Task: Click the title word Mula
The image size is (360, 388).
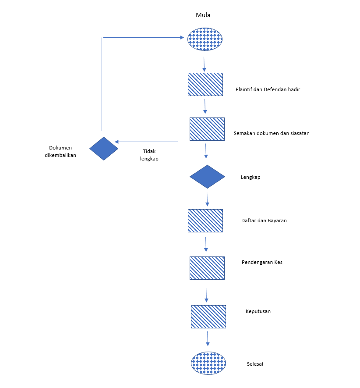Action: click(x=203, y=15)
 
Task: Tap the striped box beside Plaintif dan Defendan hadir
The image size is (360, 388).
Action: click(x=205, y=84)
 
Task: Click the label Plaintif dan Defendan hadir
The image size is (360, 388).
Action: click(x=268, y=89)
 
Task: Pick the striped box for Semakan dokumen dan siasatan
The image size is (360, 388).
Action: click(x=207, y=129)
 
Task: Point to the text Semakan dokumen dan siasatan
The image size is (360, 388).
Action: click(x=272, y=133)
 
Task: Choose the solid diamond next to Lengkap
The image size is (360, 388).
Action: click(x=207, y=177)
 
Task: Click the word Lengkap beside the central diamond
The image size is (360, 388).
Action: click(x=251, y=178)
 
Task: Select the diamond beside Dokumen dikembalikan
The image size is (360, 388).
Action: click(x=104, y=149)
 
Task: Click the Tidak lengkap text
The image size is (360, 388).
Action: click(x=149, y=155)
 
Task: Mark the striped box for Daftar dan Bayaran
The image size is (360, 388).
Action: click(x=205, y=221)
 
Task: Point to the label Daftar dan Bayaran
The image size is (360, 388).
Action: click(x=264, y=221)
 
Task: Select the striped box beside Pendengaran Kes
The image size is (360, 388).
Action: click(x=207, y=268)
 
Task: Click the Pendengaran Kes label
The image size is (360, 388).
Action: click(x=262, y=263)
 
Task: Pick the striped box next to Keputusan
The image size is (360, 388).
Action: click(x=208, y=317)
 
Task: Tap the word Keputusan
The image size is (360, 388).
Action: click(x=258, y=311)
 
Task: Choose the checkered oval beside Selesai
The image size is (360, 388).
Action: click(x=208, y=363)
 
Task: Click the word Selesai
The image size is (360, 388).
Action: click(x=255, y=364)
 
